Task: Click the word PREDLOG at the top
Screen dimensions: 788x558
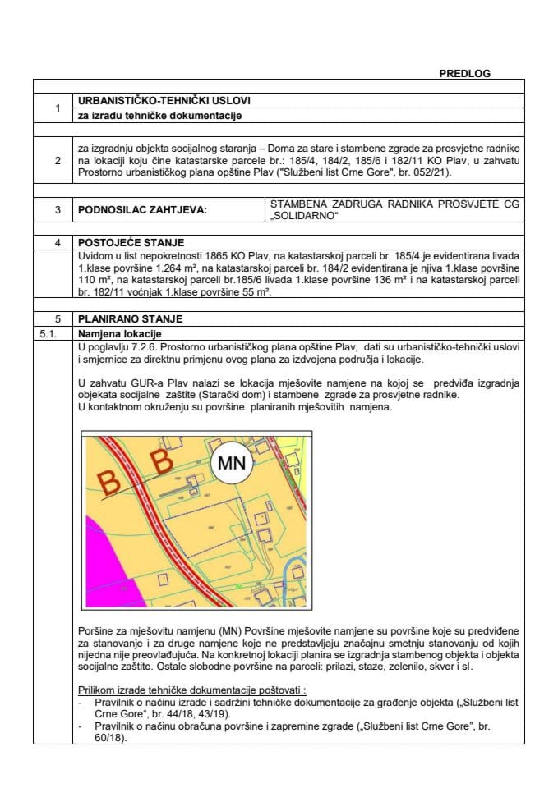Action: (x=465, y=73)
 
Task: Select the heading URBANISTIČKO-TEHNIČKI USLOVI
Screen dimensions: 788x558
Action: (x=164, y=100)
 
